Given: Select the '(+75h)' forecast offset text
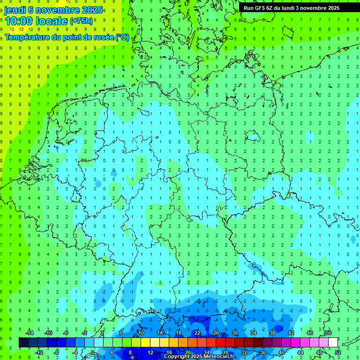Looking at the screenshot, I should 81,21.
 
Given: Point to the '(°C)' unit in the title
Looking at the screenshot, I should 123,37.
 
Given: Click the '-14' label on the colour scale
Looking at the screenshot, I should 29,333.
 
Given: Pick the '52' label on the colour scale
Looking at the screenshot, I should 338,352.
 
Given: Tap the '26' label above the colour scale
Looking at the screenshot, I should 216,333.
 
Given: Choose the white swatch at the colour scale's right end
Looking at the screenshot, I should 333,343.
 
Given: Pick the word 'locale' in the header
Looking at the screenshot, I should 51,21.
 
